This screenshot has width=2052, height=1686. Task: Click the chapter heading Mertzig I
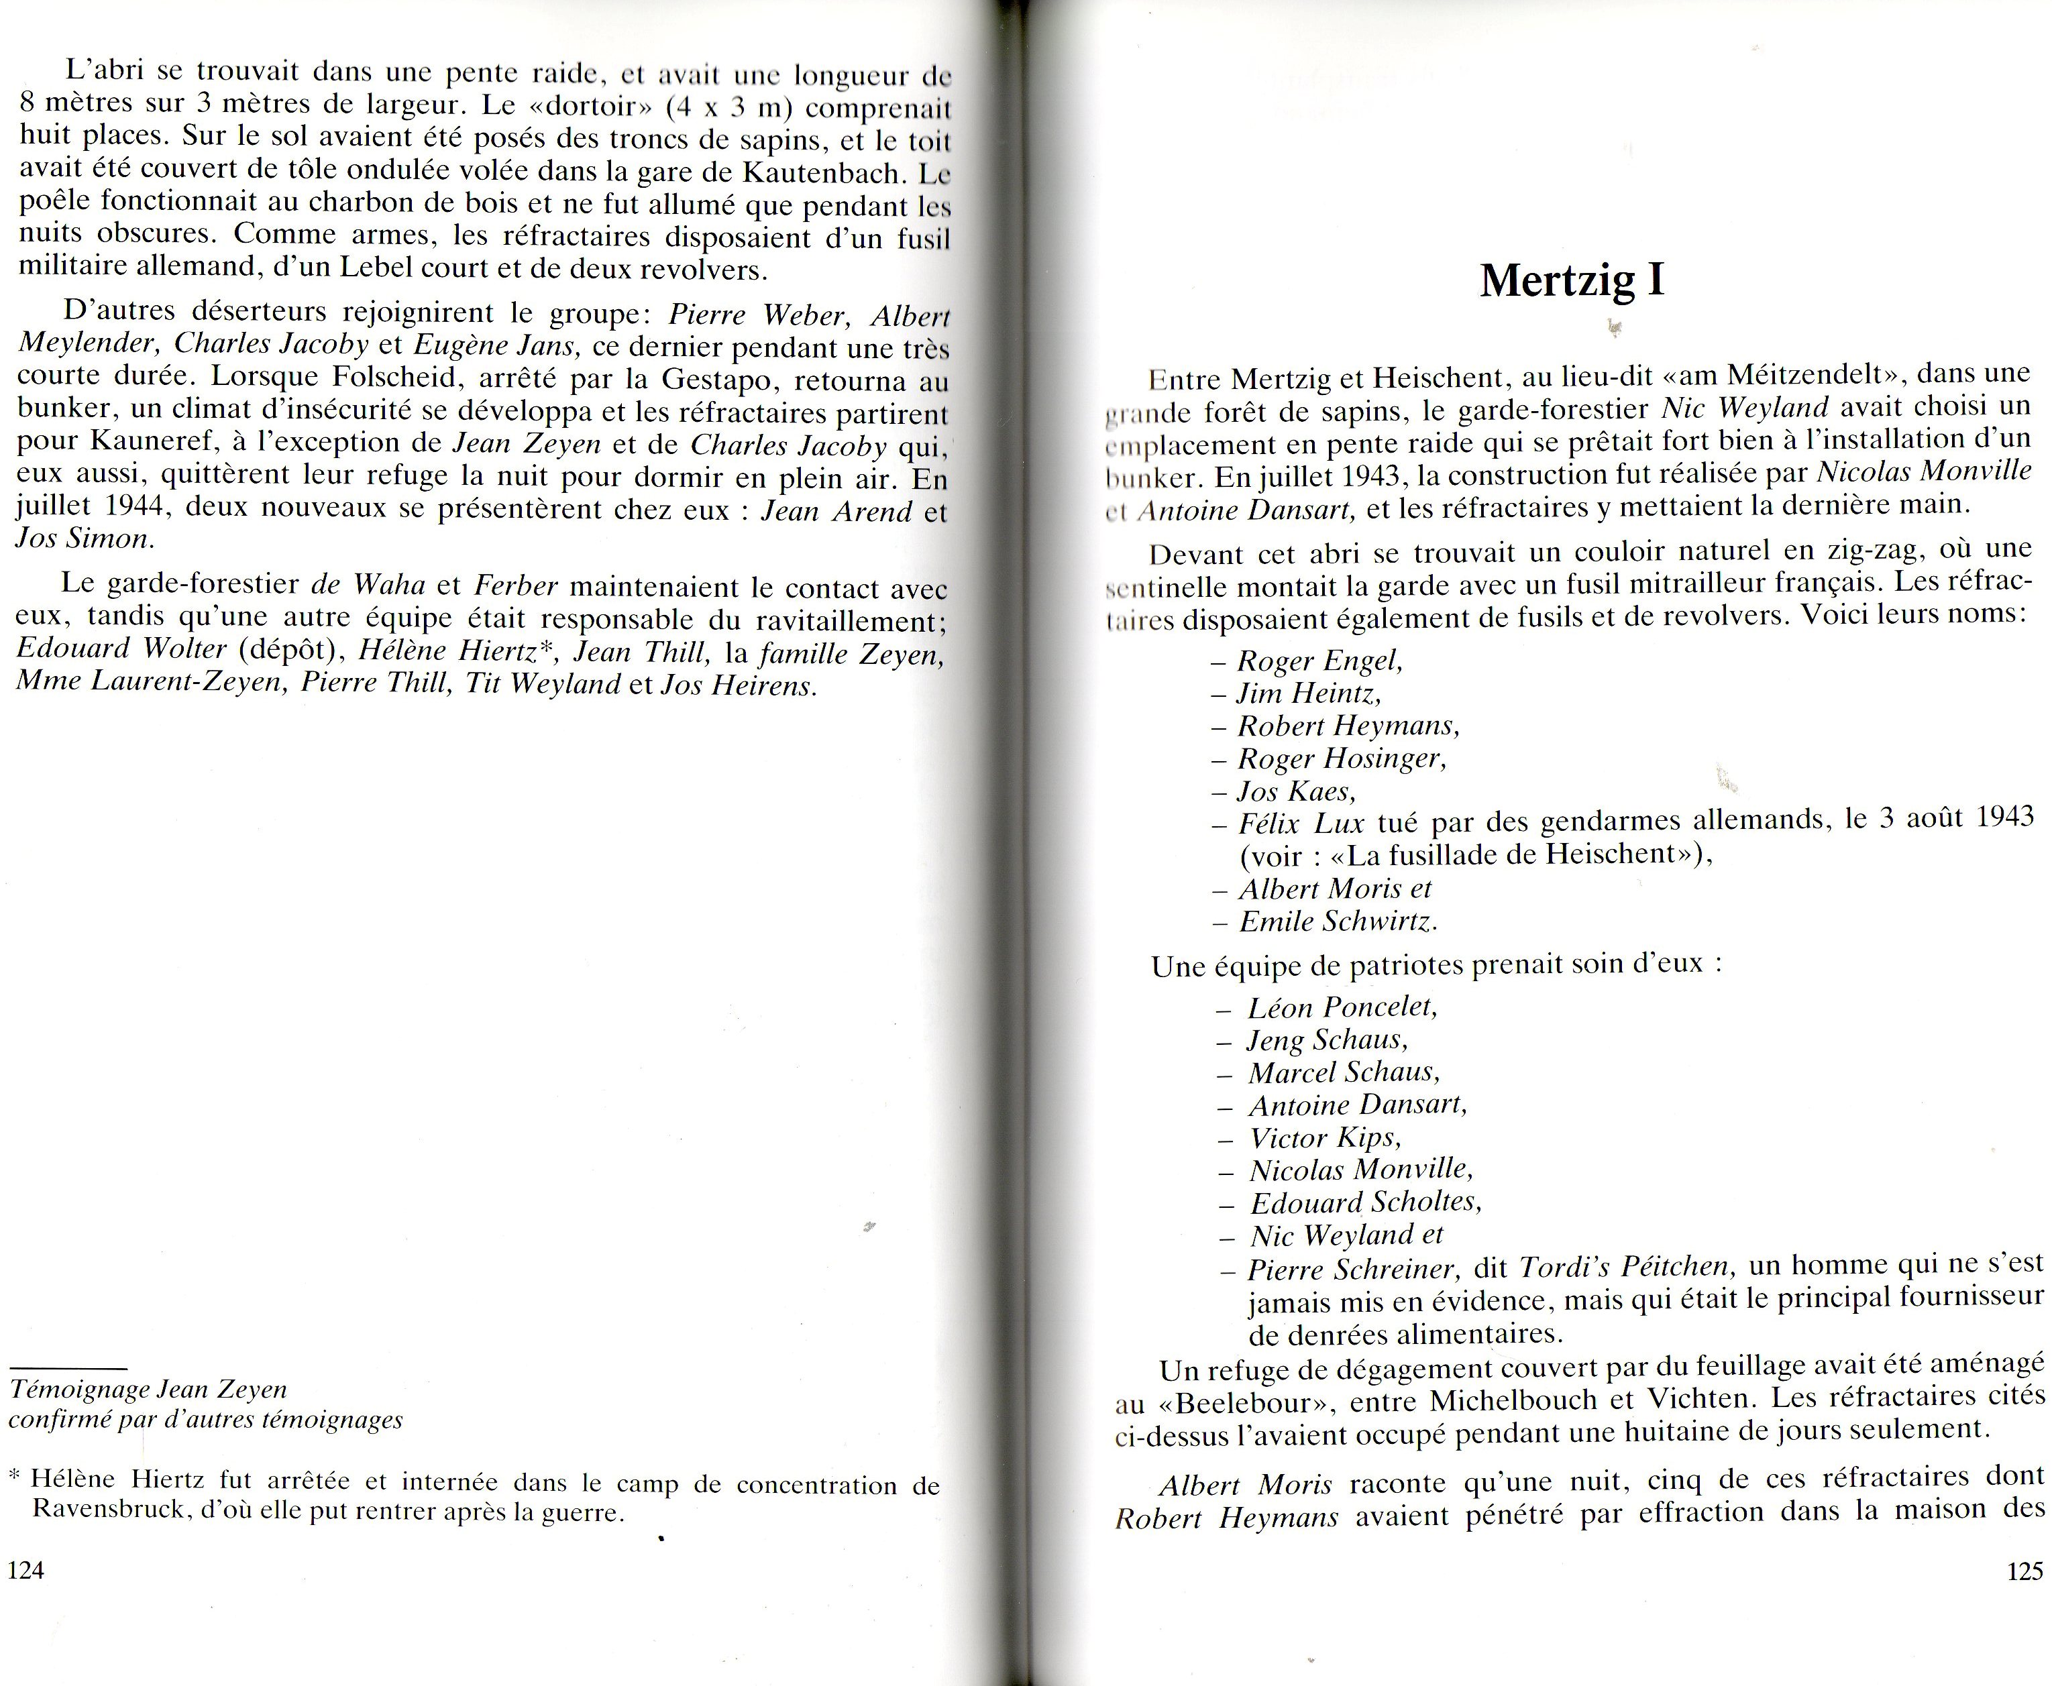click(x=1571, y=281)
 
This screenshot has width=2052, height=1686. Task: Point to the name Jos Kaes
click(x=1296, y=791)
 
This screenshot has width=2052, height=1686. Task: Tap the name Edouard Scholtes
click(x=1365, y=1202)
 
